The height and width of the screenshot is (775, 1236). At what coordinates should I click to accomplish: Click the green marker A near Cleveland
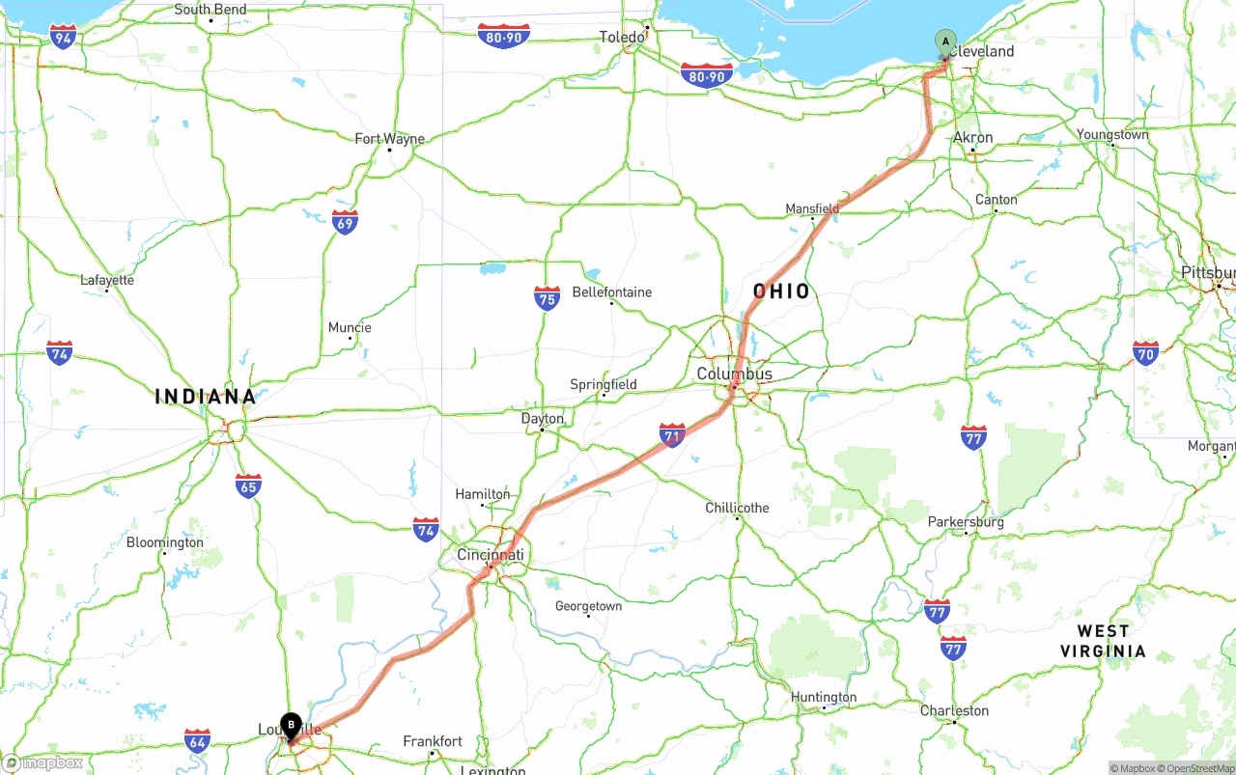point(945,42)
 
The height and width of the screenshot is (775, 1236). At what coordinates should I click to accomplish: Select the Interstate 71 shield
point(673,435)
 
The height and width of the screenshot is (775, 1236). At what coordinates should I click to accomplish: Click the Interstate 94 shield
point(64,38)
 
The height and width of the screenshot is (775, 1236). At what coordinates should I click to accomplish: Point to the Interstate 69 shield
point(345,223)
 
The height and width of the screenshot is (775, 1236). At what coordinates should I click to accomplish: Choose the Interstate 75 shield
point(548,298)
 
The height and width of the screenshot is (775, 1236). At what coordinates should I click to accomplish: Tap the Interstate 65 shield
point(248,485)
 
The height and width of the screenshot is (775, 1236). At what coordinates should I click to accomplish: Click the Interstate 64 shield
point(198,741)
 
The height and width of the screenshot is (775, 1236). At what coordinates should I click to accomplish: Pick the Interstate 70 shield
point(1146,352)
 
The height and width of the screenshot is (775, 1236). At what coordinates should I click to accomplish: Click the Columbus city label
point(735,374)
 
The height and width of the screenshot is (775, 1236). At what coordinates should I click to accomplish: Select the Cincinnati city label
point(491,555)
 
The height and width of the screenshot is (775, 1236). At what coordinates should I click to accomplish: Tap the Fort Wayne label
point(389,139)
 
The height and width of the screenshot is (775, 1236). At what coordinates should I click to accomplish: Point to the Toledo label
point(622,38)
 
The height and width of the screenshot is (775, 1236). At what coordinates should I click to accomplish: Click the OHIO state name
point(782,291)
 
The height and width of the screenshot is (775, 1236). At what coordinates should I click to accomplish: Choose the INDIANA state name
point(206,397)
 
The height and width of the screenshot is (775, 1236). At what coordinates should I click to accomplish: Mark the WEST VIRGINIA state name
point(1103,641)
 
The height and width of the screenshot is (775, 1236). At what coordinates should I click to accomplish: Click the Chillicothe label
point(737,508)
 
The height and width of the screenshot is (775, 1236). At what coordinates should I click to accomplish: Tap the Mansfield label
point(812,208)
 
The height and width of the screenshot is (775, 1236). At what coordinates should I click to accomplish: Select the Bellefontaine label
point(611,292)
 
